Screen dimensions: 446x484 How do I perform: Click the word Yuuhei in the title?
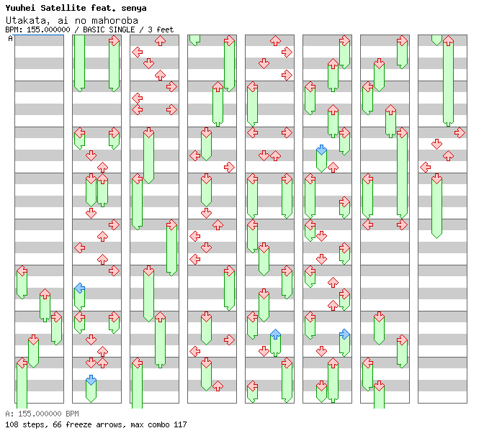[x=21, y=8]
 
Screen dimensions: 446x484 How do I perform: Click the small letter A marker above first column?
[x=11, y=39]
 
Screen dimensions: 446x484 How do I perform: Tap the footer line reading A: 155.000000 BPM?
[x=42, y=414]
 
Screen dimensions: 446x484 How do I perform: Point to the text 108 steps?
[x=22, y=424]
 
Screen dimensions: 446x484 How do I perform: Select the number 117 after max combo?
[x=179, y=424]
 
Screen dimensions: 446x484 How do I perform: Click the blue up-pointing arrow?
[x=275, y=334]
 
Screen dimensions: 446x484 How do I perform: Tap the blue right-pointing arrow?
[x=344, y=334]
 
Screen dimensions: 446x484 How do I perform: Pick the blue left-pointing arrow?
[x=79, y=288]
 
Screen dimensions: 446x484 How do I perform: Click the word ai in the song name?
[x=60, y=20]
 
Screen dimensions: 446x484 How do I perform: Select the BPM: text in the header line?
[x=13, y=29]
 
